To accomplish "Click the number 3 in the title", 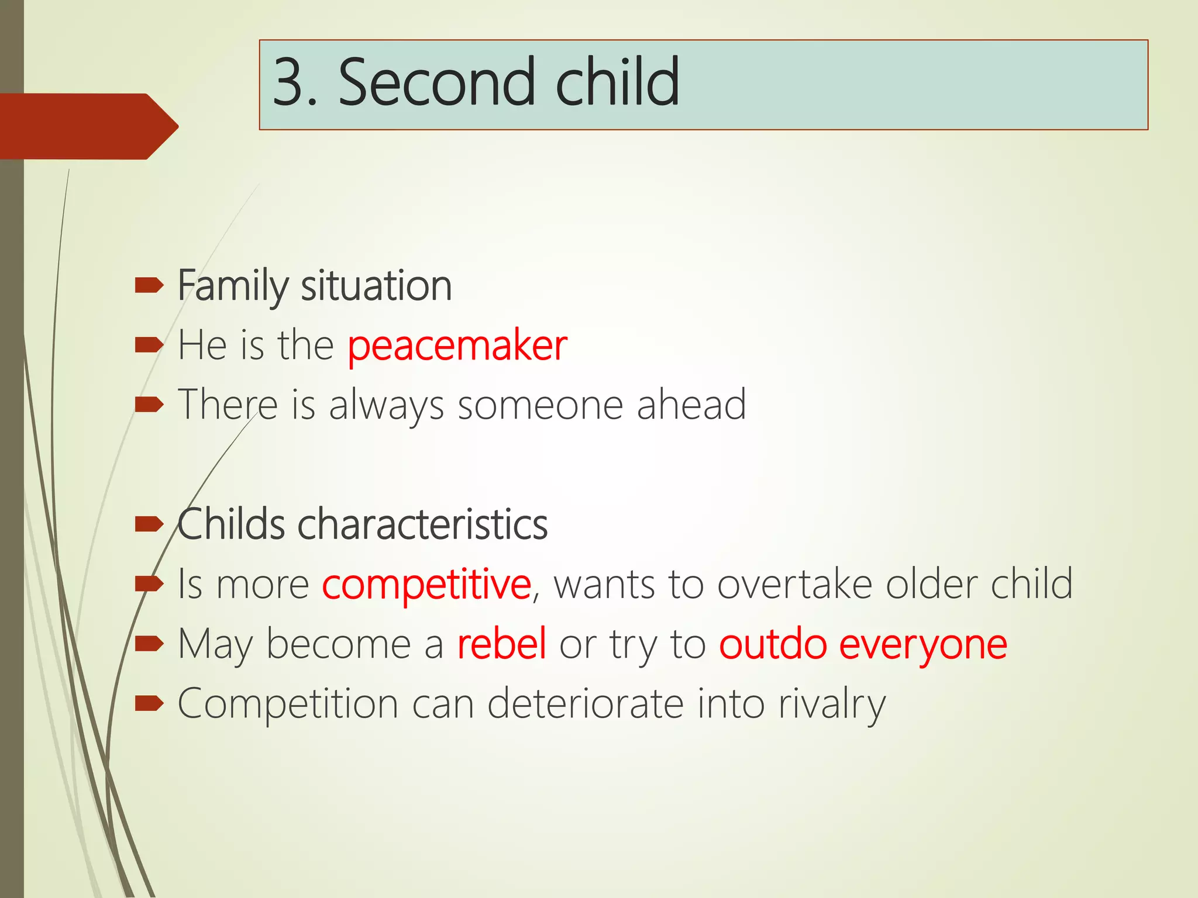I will (290, 82).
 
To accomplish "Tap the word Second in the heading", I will (436, 82).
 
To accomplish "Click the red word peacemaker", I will (457, 346).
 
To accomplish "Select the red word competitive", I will (426, 585).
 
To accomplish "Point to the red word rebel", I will (502, 644).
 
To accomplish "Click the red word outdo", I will (773, 644).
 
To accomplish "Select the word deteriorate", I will (585, 703).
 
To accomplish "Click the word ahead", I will (691, 405).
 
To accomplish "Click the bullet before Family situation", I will (149, 286).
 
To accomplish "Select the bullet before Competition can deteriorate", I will (149, 703).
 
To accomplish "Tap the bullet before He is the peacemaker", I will (149, 346).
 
